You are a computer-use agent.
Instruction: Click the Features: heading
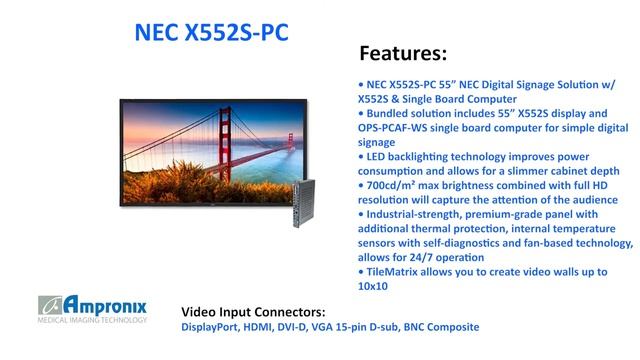click(402, 51)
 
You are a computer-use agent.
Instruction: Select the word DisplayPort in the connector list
click(212, 327)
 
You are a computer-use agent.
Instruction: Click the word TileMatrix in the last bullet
click(392, 272)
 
